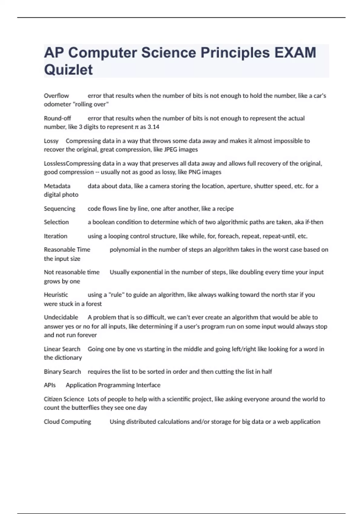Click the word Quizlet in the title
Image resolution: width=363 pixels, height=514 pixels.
pos(68,70)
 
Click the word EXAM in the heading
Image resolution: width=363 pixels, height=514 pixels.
pos(295,53)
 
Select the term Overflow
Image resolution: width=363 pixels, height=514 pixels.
pos(56,96)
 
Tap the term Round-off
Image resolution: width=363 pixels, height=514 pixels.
pos(57,118)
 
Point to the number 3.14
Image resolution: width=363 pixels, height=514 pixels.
pos(153,127)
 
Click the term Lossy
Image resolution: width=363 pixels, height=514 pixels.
pos(51,141)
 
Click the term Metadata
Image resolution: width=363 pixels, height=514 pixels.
pos(57,186)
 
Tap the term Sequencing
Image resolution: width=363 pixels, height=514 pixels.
pos(60,209)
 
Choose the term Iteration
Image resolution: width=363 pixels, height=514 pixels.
pos(56,236)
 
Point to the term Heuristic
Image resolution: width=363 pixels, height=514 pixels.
pos(56,295)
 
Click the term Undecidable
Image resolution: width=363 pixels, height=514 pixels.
pos(61,317)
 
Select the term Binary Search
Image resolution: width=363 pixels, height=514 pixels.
pos(62,372)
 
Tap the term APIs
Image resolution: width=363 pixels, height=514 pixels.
pos(50,385)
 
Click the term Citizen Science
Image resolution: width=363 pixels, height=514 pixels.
pos(64,399)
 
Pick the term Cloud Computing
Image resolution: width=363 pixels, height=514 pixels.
pos(67,422)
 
